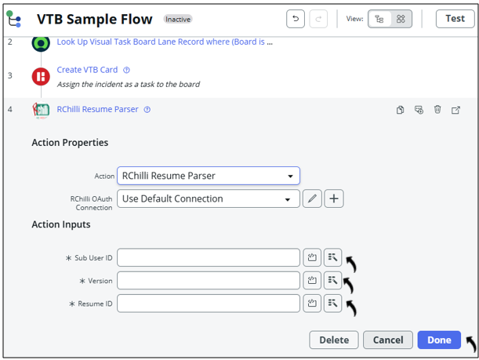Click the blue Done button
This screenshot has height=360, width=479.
click(438, 340)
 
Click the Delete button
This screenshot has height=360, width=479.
click(334, 340)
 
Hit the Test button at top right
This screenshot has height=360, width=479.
click(455, 19)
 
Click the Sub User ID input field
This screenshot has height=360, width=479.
click(209, 257)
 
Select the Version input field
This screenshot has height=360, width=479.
click(209, 280)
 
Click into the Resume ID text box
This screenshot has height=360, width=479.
click(209, 303)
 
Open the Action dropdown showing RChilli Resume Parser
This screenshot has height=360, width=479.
click(209, 176)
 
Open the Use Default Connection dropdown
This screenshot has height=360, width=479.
click(209, 198)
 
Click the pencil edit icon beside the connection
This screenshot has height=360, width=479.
click(312, 198)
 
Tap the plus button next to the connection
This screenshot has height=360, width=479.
click(334, 198)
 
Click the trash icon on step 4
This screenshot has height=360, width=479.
click(437, 110)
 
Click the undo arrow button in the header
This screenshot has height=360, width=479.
click(295, 19)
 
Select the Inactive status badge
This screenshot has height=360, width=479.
click(178, 19)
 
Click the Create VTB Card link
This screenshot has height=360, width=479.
click(87, 70)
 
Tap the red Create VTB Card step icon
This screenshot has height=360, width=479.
click(41, 76)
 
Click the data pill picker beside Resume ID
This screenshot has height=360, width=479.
click(333, 303)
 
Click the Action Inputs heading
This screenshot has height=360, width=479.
click(60, 224)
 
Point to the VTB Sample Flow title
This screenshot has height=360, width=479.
click(95, 19)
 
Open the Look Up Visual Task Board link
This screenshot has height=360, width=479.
click(165, 42)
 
